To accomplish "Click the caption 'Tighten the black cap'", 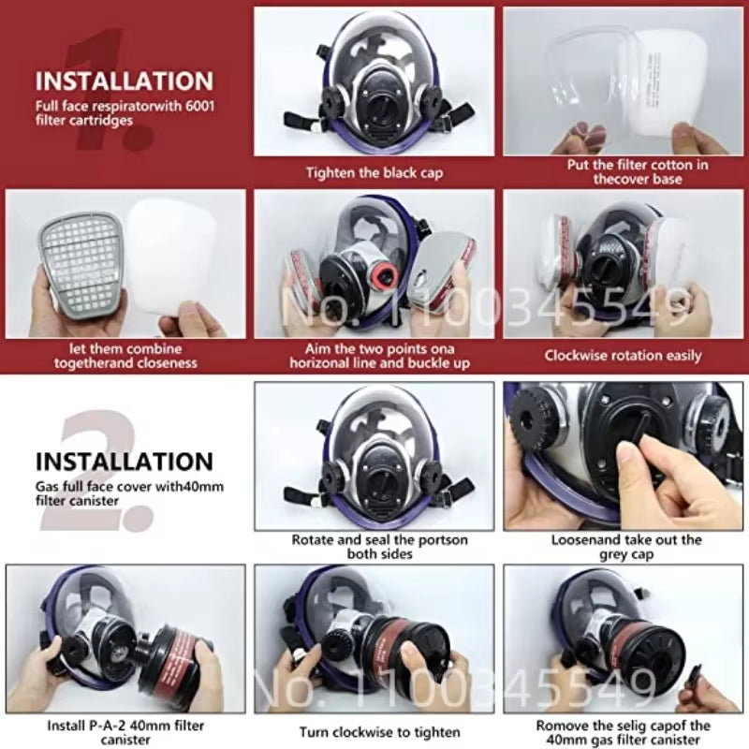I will (374, 172).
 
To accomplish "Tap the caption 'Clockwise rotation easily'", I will (623, 356).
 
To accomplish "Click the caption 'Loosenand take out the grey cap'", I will (626, 547).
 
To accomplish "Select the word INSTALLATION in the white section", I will (125, 462).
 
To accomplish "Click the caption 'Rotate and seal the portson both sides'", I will (379, 547).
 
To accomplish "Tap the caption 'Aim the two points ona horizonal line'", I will (379, 356).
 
